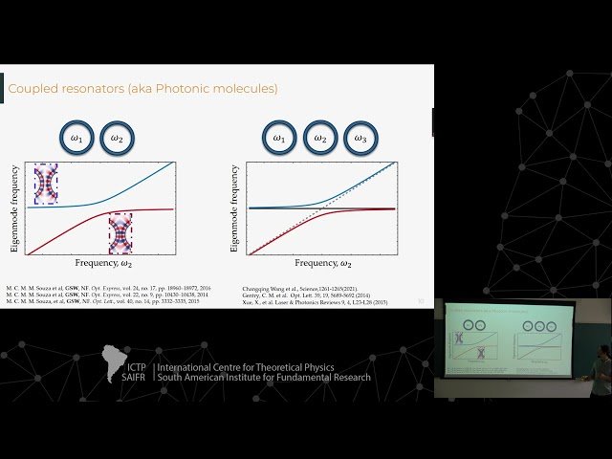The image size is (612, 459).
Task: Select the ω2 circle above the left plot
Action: click(x=117, y=139)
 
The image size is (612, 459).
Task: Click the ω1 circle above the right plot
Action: click(x=278, y=139)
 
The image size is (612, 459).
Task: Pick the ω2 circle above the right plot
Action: click(x=320, y=139)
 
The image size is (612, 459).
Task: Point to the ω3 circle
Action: click(x=361, y=139)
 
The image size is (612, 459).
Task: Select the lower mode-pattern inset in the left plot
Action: click(x=121, y=232)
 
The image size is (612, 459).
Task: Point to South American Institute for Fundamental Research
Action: click(x=294, y=383)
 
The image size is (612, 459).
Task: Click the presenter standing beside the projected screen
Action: click(x=601, y=368)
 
